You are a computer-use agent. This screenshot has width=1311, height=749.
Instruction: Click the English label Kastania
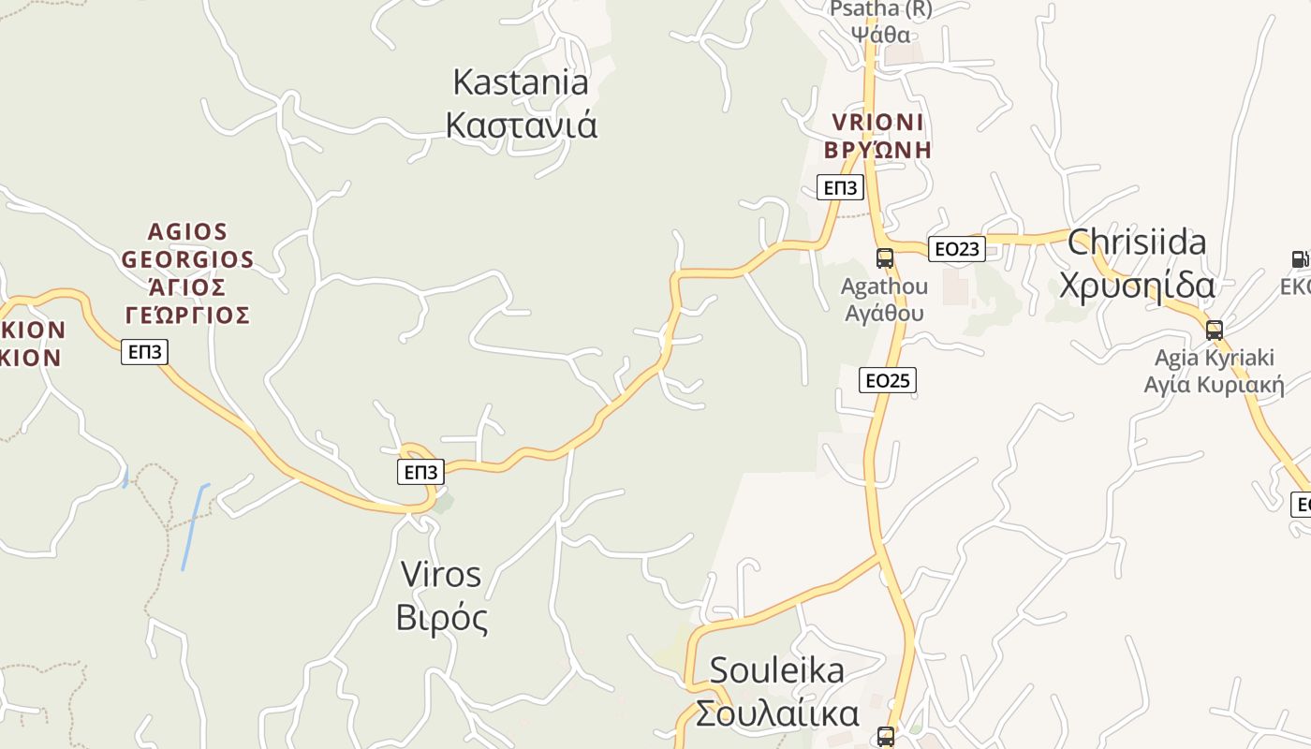(x=521, y=82)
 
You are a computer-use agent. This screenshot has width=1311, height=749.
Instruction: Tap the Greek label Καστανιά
(x=521, y=125)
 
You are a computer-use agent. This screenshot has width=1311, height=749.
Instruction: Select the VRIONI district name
(x=877, y=123)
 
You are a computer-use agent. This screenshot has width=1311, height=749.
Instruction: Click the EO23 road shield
(x=957, y=248)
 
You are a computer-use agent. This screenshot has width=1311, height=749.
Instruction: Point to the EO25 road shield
(x=887, y=380)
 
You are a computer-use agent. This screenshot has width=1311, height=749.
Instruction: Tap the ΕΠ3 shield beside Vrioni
(x=840, y=187)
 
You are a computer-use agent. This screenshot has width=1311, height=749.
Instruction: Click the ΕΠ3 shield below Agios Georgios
(x=144, y=352)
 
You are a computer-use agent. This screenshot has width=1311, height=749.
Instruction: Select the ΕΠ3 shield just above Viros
(x=420, y=472)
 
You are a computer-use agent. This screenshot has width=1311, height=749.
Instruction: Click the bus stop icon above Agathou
(x=885, y=257)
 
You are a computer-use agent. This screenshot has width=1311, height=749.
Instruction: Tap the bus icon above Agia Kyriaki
(x=1215, y=330)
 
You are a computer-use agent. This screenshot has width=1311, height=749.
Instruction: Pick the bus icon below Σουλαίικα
(x=885, y=737)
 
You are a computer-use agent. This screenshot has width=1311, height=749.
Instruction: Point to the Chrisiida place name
(x=1137, y=242)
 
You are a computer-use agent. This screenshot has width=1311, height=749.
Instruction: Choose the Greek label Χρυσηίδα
(x=1137, y=286)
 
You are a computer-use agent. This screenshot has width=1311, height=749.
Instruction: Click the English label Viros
(x=440, y=574)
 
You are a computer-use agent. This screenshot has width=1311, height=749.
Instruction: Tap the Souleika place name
(x=776, y=670)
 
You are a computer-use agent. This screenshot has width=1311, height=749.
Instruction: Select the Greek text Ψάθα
(x=880, y=35)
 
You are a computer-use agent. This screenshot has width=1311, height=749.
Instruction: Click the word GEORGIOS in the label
(x=187, y=259)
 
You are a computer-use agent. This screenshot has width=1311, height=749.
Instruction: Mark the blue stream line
(x=194, y=527)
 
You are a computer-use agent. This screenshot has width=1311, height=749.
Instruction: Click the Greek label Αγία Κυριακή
(x=1214, y=385)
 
